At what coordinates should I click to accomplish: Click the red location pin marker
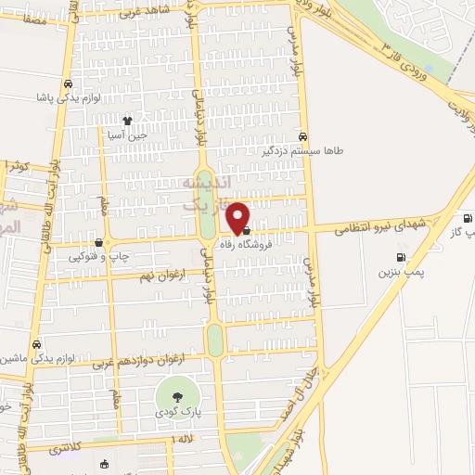[x=240, y=218]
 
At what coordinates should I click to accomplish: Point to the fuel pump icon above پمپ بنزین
[x=401, y=258]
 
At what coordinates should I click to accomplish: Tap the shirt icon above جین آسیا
[x=128, y=121]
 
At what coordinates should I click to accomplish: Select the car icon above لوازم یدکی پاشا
[x=69, y=83]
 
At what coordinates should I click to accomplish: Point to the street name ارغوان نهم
[x=147, y=277]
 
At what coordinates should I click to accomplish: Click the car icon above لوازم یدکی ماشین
[x=35, y=343]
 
